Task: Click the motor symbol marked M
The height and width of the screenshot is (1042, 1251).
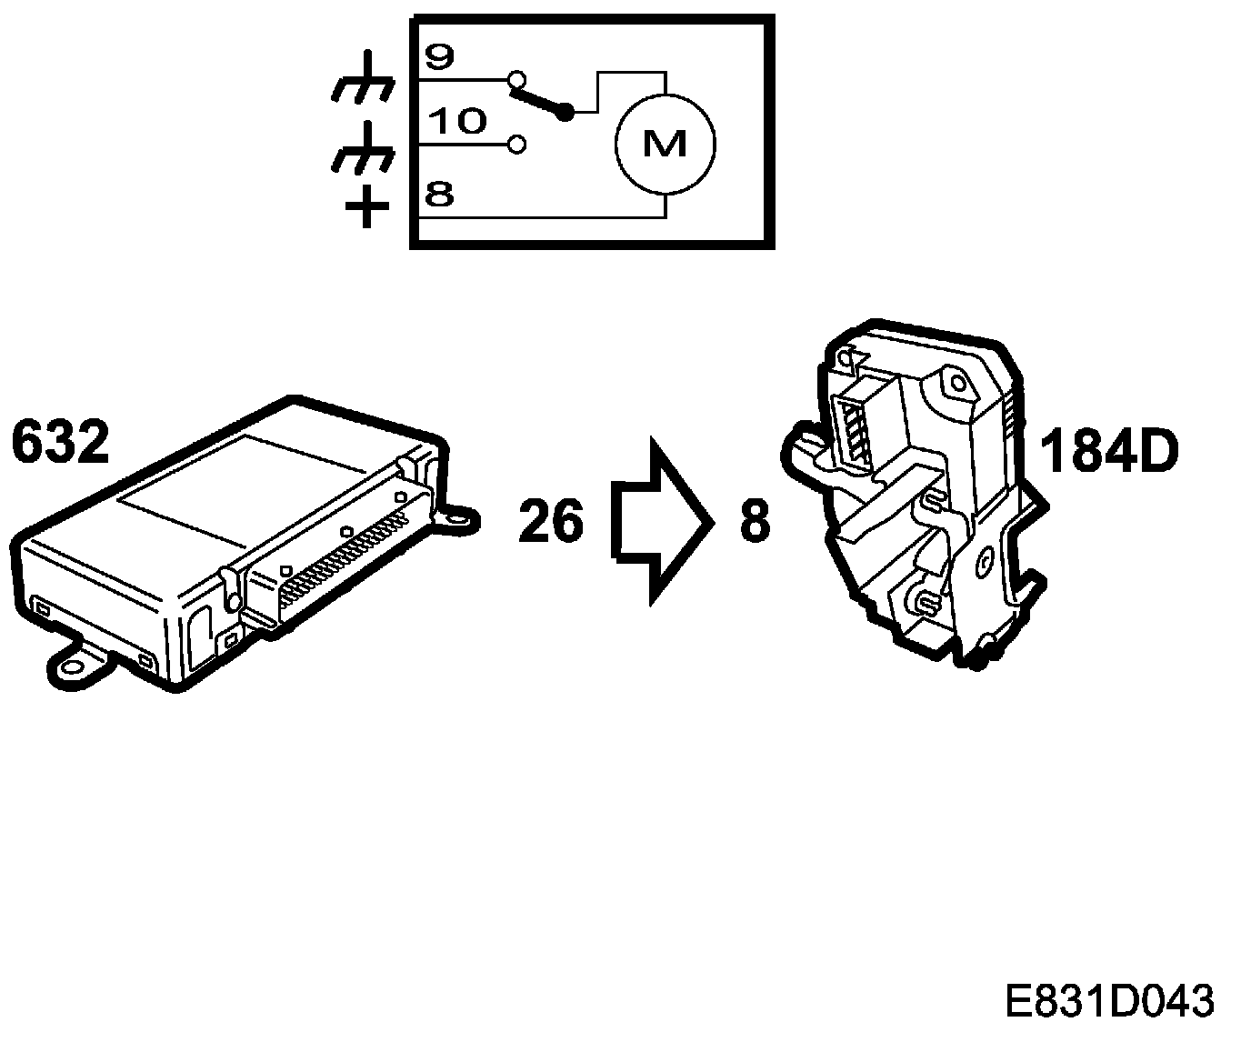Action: (x=666, y=143)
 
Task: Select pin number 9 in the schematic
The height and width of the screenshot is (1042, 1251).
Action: (x=439, y=57)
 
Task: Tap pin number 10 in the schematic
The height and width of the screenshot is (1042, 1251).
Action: (x=456, y=122)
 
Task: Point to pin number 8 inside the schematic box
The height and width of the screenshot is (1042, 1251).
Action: (x=439, y=195)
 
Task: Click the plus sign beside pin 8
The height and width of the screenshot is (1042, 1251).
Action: (x=367, y=209)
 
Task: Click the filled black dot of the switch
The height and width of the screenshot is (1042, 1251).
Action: (x=565, y=113)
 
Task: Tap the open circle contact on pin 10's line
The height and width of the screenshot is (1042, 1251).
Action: (x=517, y=144)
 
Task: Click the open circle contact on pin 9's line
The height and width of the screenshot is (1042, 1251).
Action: (x=517, y=78)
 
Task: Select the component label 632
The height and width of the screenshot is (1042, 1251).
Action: (x=61, y=444)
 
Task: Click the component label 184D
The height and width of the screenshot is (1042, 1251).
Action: (x=1109, y=451)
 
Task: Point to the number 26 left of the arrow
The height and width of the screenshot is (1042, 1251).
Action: (x=551, y=521)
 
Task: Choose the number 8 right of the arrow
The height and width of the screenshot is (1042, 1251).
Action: (x=755, y=522)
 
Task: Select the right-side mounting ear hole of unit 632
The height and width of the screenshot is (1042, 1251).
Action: (x=464, y=518)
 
